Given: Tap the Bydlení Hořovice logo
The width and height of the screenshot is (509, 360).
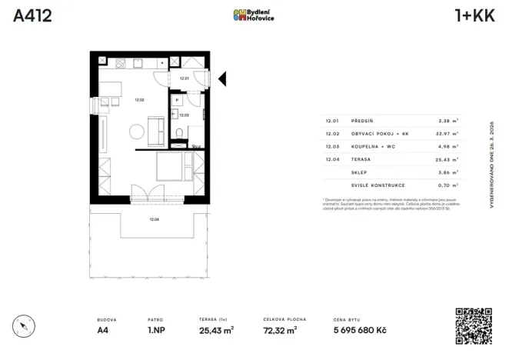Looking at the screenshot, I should pyautogui.click(x=254, y=15).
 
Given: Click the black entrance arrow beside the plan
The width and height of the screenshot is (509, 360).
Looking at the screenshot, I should pyautogui.click(x=221, y=78).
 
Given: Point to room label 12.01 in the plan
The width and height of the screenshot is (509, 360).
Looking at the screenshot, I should pyautogui.click(x=184, y=78).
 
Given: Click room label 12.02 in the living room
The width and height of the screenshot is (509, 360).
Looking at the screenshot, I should pyautogui.click(x=139, y=98).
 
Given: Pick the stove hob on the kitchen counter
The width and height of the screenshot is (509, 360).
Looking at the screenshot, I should pyautogui.click(x=118, y=63).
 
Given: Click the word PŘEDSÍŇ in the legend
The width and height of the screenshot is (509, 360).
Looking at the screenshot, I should pyautogui.click(x=363, y=121).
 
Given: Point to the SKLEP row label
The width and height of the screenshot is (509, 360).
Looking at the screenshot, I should pyautogui.click(x=358, y=173).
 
